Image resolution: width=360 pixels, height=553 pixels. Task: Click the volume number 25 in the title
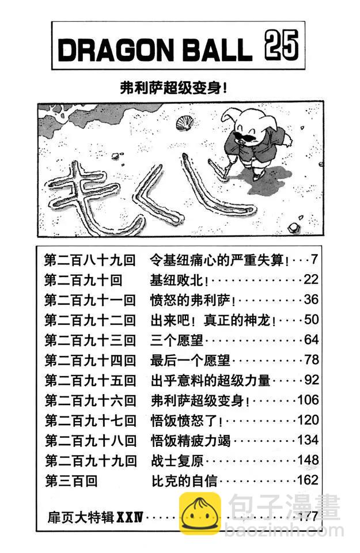[282, 46]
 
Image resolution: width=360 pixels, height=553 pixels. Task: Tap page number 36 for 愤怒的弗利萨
[311, 300]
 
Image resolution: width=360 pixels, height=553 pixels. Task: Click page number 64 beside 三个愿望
[311, 340]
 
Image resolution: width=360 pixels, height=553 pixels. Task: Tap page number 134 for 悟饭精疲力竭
[308, 441]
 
